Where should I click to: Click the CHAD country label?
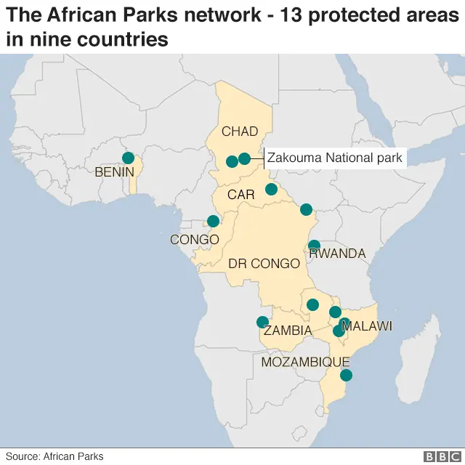[x=240, y=132]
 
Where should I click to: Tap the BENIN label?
[x=115, y=172]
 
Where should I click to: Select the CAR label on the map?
[x=240, y=195]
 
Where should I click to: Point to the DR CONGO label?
[x=264, y=264]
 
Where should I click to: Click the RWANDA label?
[x=337, y=254]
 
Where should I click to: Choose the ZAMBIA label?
[x=288, y=331]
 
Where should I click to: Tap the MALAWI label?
[x=368, y=326]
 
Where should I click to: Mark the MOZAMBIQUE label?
[x=306, y=362]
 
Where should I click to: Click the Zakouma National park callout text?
[x=334, y=158]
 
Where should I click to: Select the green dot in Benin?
[x=129, y=158]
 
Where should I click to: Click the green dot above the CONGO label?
[x=213, y=221]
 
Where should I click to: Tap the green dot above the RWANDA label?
[x=314, y=246]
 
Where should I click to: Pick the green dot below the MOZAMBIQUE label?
[x=346, y=376]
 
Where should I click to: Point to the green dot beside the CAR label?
[x=271, y=190]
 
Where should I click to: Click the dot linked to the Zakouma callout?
[x=244, y=158]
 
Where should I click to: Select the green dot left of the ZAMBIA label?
[x=262, y=323]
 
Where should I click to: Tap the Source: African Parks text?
[x=54, y=456]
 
